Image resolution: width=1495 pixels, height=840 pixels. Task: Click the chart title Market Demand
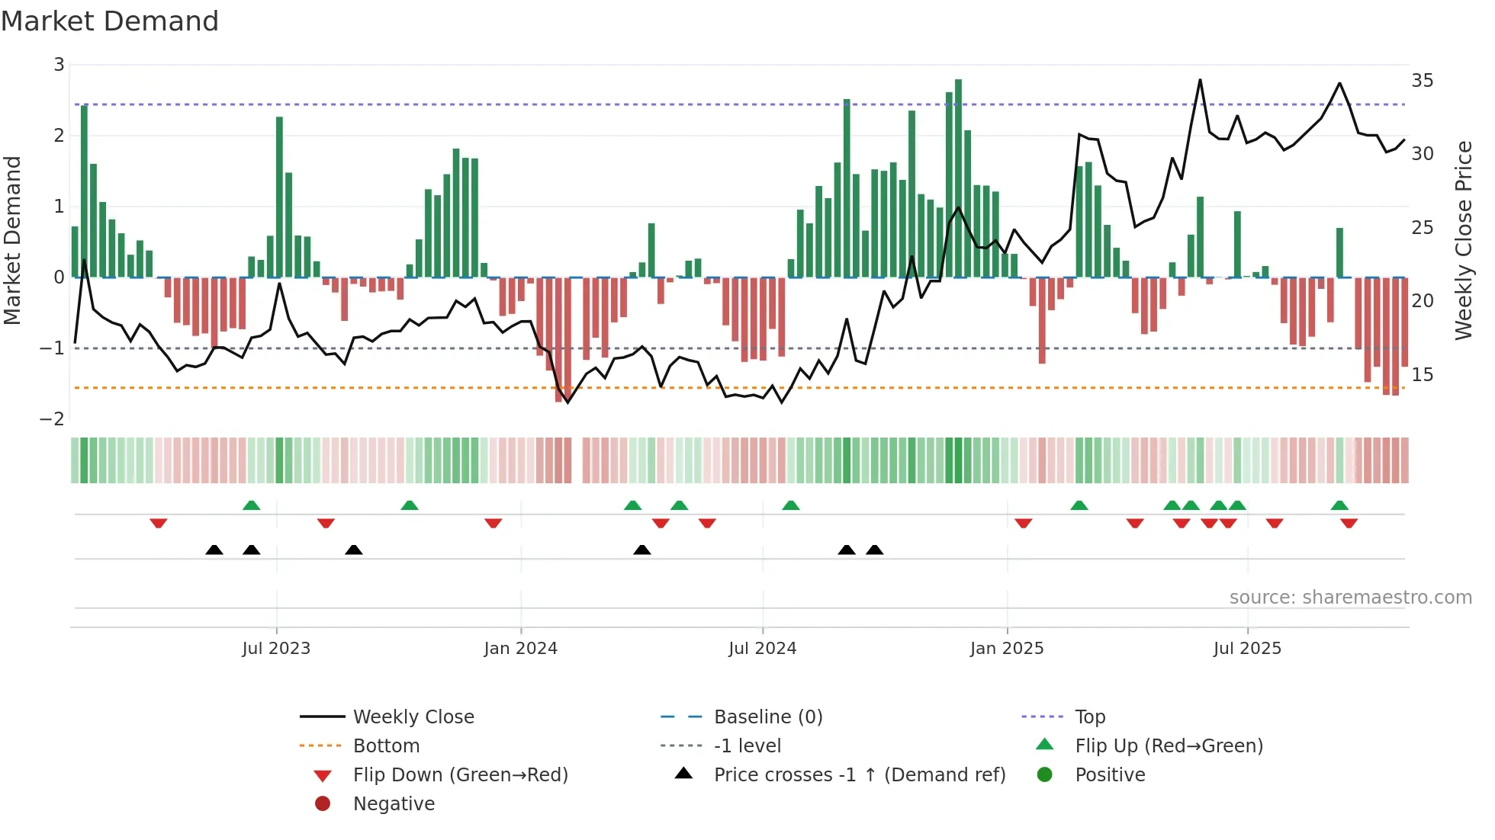click(110, 21)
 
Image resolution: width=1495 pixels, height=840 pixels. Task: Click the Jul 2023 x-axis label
click(276, 649)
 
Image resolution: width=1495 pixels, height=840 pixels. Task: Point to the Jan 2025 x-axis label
click(1007, 649)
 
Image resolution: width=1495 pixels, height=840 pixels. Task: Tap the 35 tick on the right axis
click(1422, 81)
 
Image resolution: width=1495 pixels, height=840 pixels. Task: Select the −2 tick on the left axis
click(52, 419)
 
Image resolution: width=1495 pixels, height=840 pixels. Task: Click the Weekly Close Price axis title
click(1463, 240)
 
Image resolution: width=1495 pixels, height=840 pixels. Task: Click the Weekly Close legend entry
click(413, 717)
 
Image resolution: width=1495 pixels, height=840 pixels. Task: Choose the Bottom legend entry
click(386, 746)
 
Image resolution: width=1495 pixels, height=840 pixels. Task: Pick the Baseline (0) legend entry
click(767, 717)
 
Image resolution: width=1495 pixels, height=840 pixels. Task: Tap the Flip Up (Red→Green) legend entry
click(1169, 746)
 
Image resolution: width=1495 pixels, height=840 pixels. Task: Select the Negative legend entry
click(394, 804)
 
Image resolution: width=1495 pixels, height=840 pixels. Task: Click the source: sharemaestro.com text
click(1350, 598)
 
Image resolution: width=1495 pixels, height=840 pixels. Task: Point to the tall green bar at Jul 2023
click(279, 198)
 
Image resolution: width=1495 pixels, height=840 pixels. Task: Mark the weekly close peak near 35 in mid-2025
click(1200, 80)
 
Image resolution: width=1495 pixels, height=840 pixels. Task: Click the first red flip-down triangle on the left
click(159, 523)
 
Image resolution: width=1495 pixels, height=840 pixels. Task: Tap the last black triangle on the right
click(875, 550)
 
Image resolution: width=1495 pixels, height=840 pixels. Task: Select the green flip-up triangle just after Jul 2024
click(791, 505)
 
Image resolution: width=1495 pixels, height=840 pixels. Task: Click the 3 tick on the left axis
click(59, 65)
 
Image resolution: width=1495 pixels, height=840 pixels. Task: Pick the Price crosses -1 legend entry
click(859, 775)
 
